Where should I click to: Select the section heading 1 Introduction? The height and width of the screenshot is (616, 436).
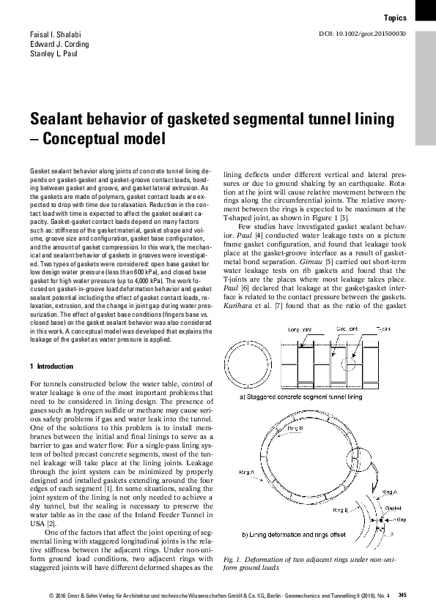[x=53, y=365]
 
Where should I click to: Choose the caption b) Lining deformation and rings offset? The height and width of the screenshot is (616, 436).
[x=293, y=534]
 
